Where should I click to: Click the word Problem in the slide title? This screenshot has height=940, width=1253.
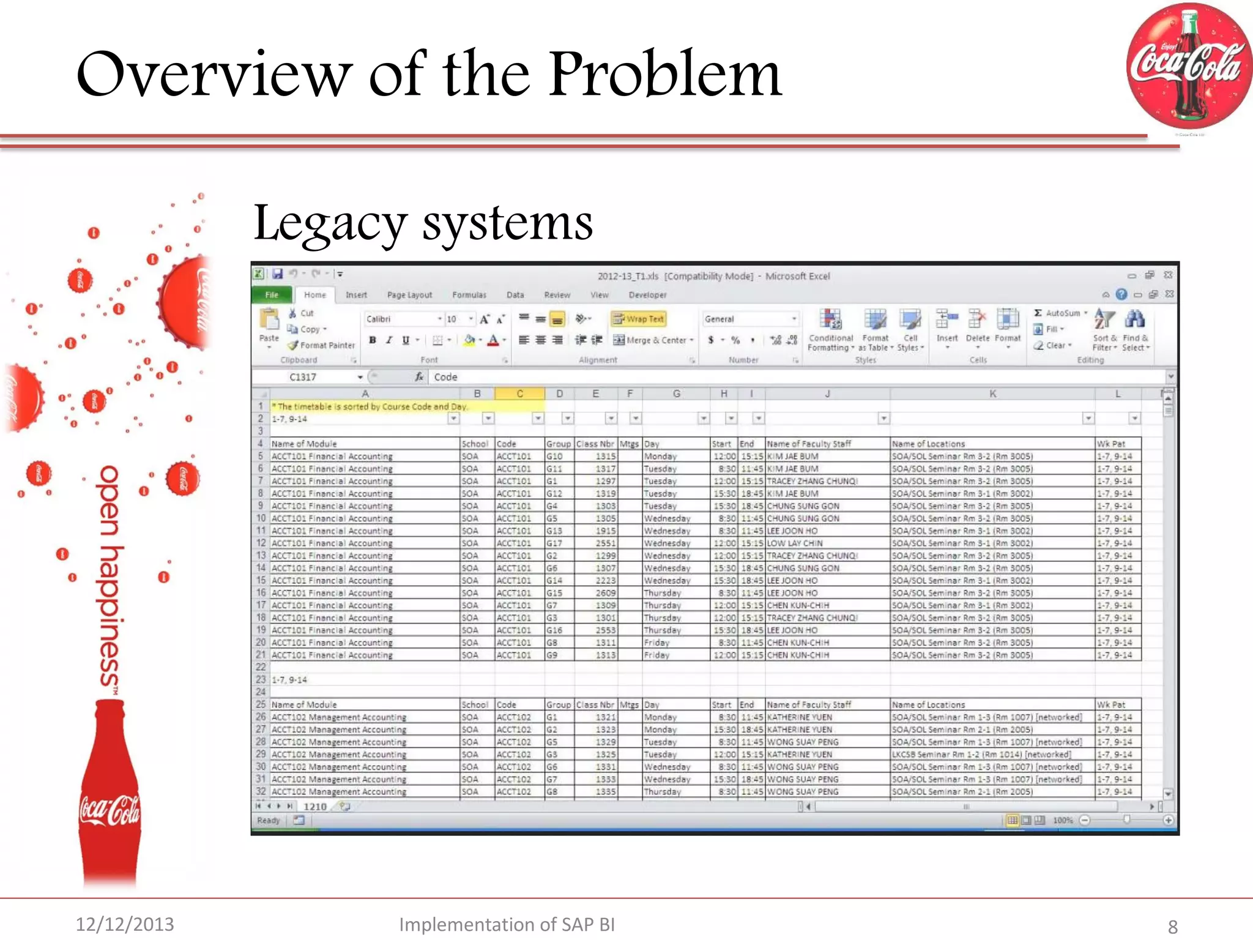[x=665, y=75]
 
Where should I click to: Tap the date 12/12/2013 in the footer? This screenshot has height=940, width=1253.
[x=125, y=923]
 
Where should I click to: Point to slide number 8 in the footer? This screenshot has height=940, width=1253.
[x=1172, y=926]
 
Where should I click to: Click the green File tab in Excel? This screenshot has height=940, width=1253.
[x=272, y=295]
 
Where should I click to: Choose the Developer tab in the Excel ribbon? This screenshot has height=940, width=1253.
[x=647, y=295]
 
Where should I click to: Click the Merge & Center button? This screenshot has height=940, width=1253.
[x=653, y=340]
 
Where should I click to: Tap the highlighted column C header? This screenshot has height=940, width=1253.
[x=519, y=394]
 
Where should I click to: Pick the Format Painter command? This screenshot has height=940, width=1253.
[x=322, y=345]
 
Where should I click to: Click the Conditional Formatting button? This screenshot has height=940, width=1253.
[x=830, y=330]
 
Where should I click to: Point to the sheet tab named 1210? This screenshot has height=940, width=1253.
[x=315, y=807]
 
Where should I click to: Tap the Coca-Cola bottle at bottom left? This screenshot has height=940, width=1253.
[x=110, y=796]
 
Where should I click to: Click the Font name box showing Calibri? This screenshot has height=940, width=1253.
[x=401, y=319]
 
